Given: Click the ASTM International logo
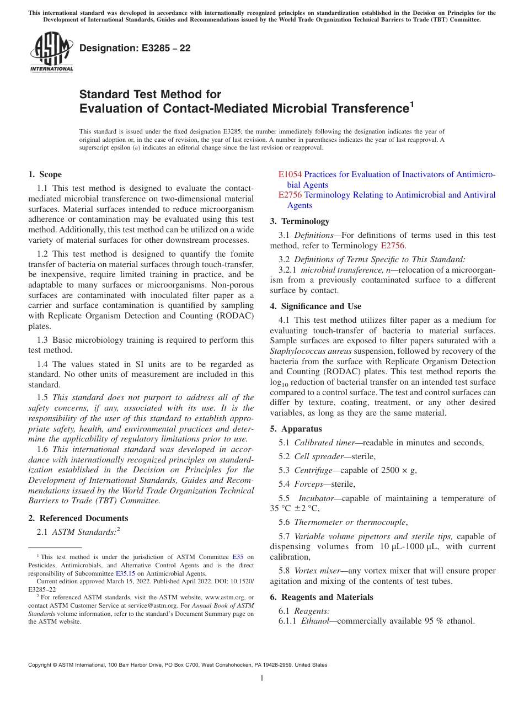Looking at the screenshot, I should point(51,52).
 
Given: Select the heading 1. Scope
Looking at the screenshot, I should point(45,174).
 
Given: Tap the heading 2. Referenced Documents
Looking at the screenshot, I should point(78,518).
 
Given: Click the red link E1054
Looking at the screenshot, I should point(290,174).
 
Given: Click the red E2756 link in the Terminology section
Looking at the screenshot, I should point(393,246).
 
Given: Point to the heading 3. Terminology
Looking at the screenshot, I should point(300,221).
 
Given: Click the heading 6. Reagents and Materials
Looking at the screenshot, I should point(322,597).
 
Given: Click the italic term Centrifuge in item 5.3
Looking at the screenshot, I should point(313,470).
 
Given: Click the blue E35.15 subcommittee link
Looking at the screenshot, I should point(125,573).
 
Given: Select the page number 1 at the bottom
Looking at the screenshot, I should point(262,678).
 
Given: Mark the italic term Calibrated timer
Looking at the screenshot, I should point(324,443).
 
